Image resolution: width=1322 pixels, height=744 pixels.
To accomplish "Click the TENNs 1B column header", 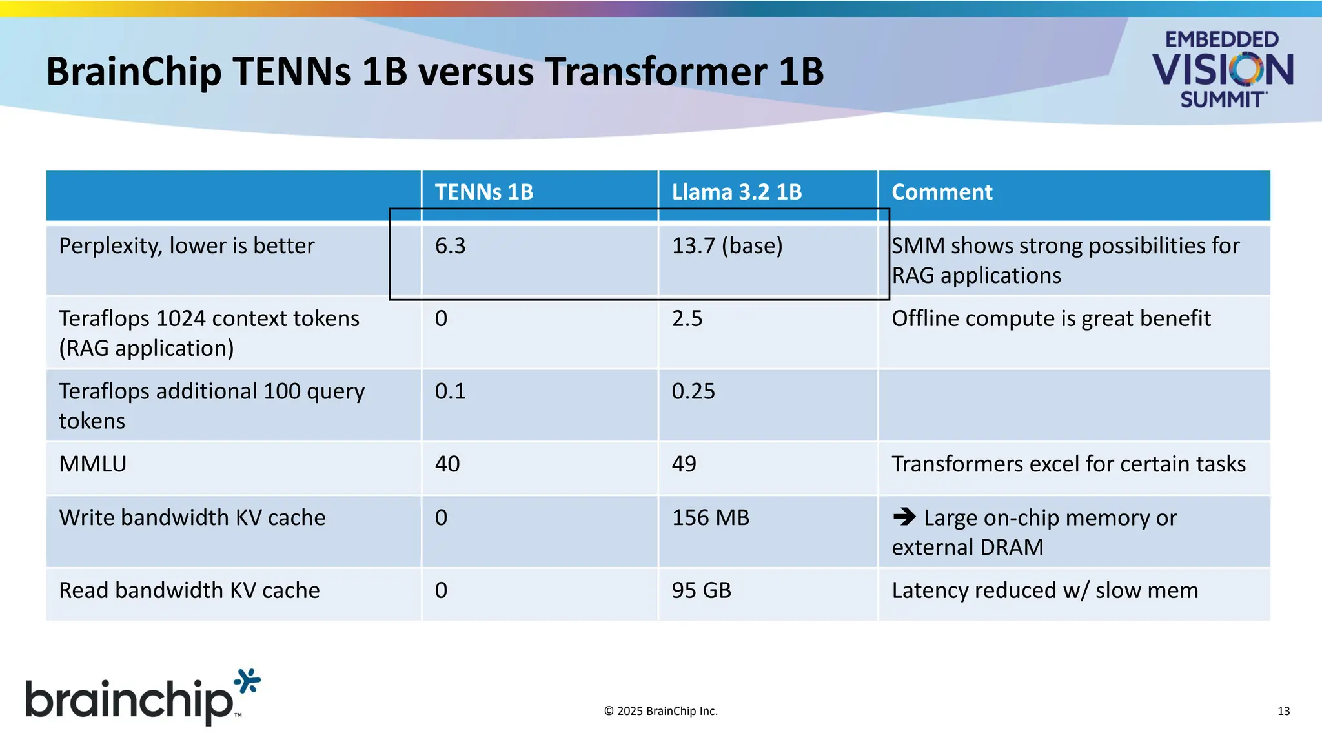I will point(484,192).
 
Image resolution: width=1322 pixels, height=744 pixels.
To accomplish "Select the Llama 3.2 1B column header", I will point(737,192).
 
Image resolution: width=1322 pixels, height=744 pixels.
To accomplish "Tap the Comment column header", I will point(942,192).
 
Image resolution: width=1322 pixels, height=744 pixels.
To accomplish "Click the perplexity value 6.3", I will point(450,246).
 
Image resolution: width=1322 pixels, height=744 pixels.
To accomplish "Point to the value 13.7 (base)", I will point(727,246).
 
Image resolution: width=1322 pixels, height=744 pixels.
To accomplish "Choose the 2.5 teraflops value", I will point(687,318).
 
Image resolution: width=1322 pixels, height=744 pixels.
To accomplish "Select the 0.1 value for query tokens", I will point(450,391).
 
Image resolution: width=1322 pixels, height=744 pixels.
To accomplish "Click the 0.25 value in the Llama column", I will point(693,391).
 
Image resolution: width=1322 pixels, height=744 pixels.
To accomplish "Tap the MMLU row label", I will point(93,464).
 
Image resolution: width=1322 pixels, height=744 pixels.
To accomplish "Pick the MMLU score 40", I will point(447,464).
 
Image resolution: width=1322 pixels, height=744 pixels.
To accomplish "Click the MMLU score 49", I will point(684,464).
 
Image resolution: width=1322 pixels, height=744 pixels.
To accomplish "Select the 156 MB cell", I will point(711,518).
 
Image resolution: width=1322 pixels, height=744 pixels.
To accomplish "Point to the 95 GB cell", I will point(702,590).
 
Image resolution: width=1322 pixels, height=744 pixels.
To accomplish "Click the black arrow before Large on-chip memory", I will point(904,517).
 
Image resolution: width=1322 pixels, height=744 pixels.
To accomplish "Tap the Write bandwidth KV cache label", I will point(192,518).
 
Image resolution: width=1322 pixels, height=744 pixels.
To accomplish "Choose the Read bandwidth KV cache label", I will point(189,590).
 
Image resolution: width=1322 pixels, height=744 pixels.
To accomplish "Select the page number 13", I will point(1283,711).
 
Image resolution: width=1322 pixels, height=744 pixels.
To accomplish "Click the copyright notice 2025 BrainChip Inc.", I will point(661,711).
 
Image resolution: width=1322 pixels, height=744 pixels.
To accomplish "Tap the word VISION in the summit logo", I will point(1223,70).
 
